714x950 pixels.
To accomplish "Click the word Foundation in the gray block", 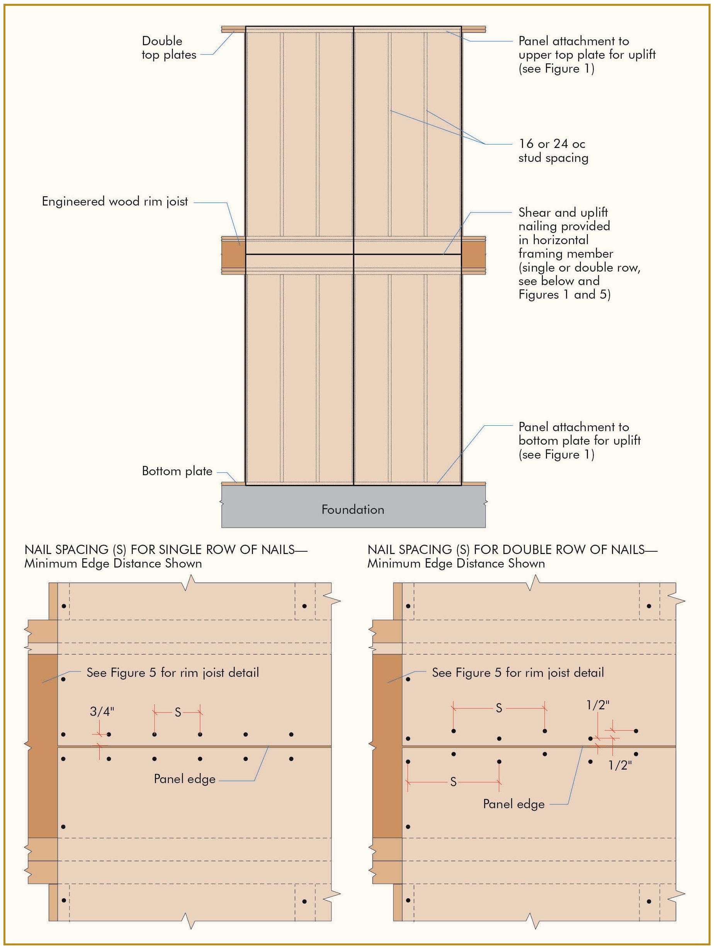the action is [353, 509].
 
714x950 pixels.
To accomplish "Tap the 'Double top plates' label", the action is [168, 48].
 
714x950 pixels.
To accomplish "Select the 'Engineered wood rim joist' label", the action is [115, 201].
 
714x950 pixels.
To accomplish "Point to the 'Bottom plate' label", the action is [177, 471].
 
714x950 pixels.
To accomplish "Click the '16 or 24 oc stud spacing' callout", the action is [553, 151].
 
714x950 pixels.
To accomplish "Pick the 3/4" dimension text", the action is [102, 712].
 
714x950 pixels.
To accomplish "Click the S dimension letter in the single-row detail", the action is [178, 713].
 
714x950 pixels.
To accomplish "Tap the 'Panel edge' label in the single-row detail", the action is [184, 779].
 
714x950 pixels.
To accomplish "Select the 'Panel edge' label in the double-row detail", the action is [513, 804].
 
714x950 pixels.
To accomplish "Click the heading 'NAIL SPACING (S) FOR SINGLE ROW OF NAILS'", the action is [166, 550].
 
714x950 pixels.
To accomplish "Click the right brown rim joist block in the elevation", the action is [473, 255].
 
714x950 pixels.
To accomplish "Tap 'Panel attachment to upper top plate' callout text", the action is [586, 54].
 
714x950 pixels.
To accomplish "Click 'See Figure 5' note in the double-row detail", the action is [518, 673].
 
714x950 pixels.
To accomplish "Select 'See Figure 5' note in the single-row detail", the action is [173, 673].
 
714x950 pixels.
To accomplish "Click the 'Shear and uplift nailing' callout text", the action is [579, 253].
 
